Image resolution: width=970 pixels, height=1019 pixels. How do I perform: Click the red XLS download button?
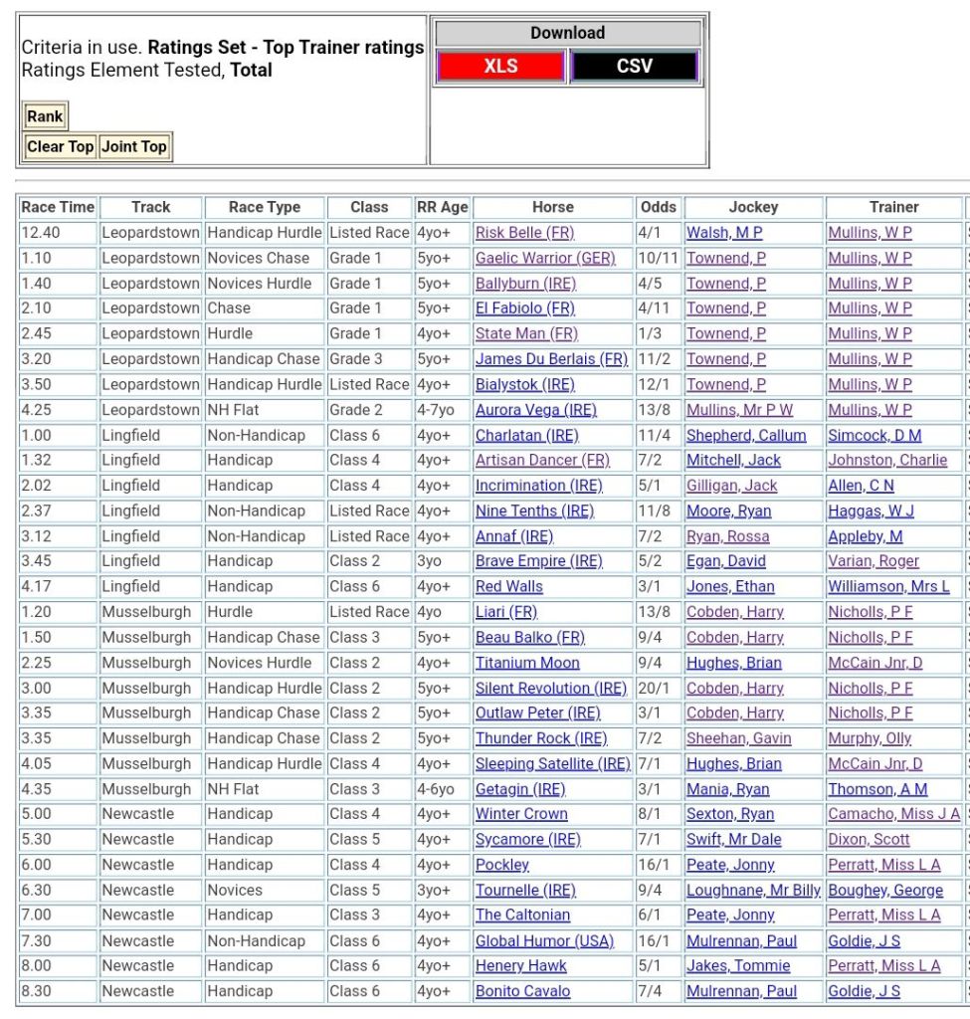(x=501, y=67)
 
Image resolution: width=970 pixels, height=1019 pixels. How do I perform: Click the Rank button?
(x=45, y=116)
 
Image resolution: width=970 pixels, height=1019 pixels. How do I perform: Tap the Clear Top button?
(x=60, y=146)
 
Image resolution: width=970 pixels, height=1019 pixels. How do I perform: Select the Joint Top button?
(x=134, y=146)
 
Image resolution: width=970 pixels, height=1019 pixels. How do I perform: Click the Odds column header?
(x=658, y=207)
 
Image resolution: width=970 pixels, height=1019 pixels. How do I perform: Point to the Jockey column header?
(x=753, y=207)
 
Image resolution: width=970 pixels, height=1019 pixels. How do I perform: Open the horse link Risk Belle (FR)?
(x=524, y=233)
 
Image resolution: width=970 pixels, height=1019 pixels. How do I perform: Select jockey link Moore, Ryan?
(x=728, y=510)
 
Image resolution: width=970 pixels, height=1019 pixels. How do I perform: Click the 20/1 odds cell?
(x=654, y=688)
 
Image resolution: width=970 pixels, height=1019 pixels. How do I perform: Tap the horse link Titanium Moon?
(x=527, y=663)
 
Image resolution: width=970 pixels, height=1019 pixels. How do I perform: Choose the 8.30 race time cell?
(x=42, y=991)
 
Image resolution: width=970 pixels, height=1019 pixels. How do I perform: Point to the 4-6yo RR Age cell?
(x=438, y=789)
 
